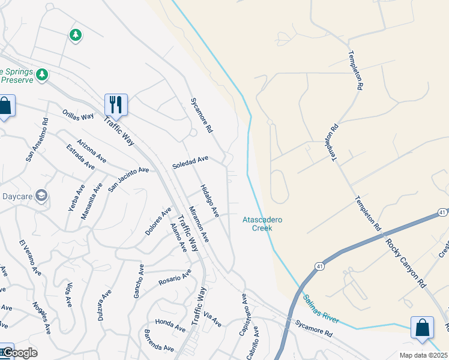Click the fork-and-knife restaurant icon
pos(116,104)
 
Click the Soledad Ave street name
pos(190,162)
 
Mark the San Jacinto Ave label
pos(128,179)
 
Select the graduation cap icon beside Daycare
pos(41,196)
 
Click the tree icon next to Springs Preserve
pos(42,74)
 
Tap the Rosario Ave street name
pos(175,277)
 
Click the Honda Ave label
pos(170,325)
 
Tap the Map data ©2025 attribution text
pos(424,355)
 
